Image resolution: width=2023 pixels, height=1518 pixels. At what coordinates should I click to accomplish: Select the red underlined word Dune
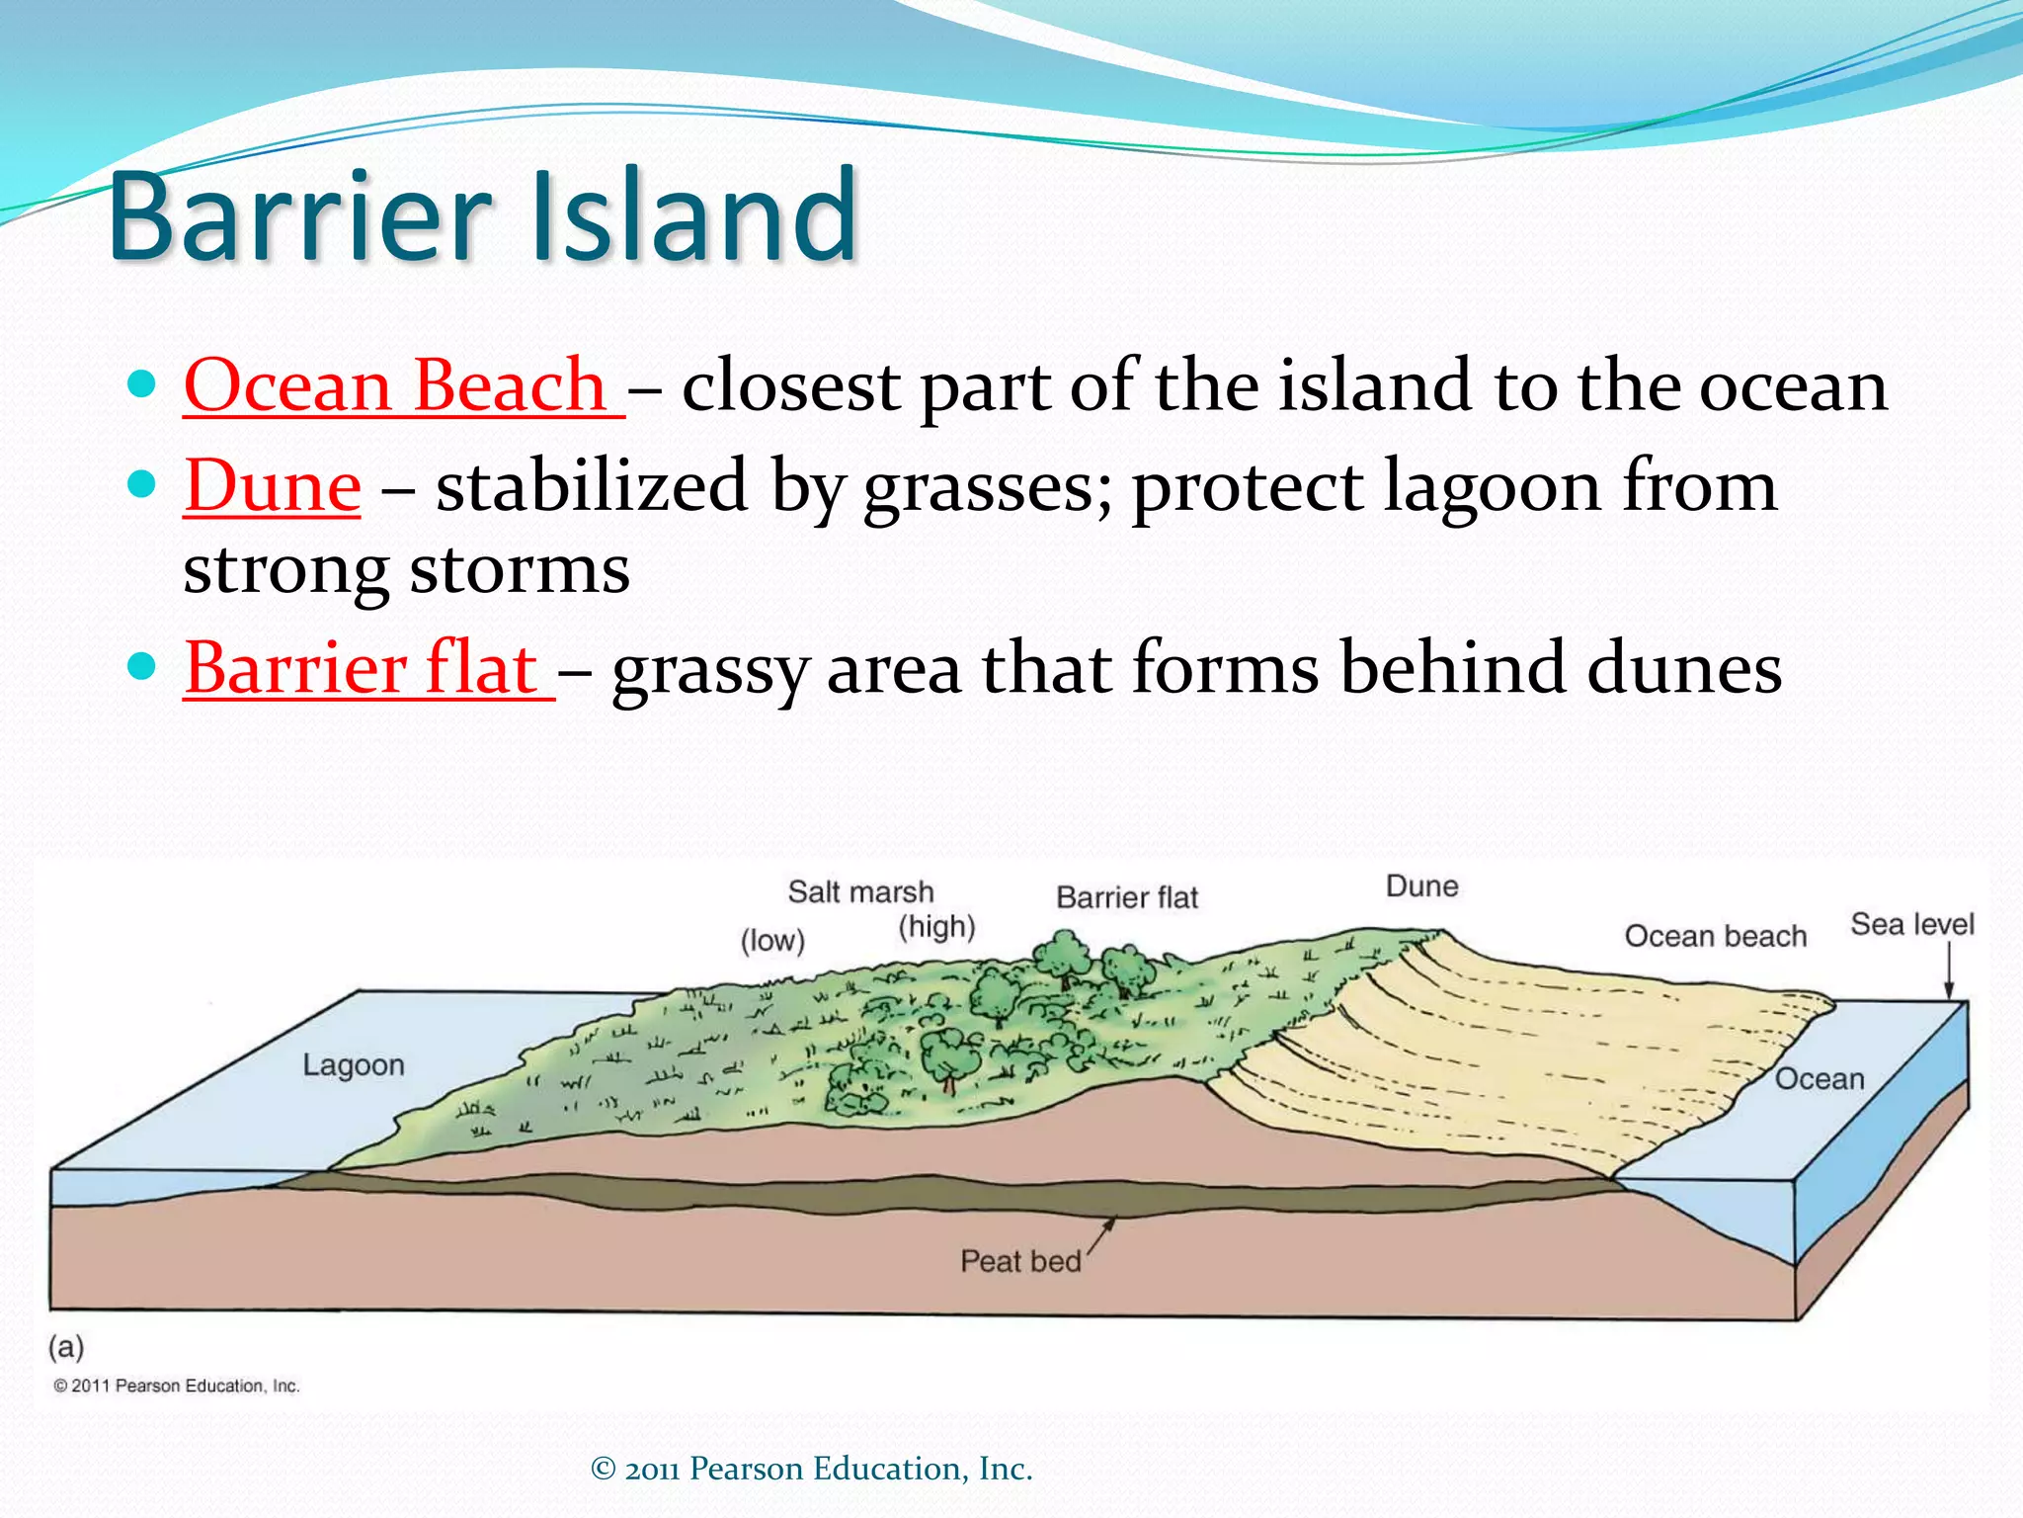pos(273,486)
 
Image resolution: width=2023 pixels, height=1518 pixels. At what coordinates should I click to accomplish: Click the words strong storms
pos(406,570)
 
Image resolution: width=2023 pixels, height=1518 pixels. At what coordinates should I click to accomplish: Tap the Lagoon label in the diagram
pos(354,1065)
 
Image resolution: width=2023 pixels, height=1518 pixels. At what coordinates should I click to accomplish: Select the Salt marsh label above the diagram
pos(860,891)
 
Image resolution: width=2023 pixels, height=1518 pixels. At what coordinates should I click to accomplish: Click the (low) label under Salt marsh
pos(772,940)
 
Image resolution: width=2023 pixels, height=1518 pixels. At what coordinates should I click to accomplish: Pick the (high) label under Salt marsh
pos(936,927)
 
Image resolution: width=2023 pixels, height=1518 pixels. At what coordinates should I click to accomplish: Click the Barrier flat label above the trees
pos(1127,897)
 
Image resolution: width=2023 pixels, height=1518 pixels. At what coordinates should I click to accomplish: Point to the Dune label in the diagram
pos(1421,885)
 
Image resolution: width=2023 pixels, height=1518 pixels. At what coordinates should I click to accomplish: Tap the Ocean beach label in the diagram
pos(1715,936)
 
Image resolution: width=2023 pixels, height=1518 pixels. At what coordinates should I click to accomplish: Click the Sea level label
pos(1911,924)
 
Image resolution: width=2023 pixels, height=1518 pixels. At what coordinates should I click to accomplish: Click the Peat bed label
pos(1020,1261)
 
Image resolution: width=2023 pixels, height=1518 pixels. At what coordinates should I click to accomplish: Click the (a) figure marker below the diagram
pos(66,1346)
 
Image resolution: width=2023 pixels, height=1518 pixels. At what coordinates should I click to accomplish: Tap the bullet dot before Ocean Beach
pos(142,384)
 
